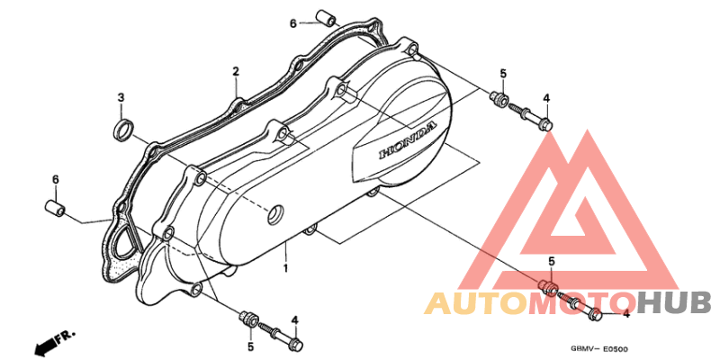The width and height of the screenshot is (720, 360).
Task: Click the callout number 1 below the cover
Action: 285,267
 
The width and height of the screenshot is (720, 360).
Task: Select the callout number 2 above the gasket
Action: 236,72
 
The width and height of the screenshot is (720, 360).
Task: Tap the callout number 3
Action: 121,97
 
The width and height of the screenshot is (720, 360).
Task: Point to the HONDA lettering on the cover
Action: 408,139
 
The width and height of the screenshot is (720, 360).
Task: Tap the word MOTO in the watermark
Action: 581,303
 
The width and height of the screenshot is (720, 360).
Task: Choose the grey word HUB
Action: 674,303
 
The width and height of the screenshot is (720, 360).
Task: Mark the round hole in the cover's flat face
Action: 276,215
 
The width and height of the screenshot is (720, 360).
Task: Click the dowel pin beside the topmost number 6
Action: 326,18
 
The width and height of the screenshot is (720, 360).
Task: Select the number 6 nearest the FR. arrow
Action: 56,180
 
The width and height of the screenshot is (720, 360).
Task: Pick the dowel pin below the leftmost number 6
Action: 55,208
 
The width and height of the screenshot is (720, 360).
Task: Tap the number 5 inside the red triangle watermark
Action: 552,261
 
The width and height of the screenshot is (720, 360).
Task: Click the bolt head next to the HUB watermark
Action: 595,315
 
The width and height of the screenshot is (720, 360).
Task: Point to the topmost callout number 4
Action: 546,98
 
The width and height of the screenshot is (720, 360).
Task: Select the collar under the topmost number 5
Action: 499,99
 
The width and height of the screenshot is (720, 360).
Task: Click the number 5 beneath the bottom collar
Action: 251,346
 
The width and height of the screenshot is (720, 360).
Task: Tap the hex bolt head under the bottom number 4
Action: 297,342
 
